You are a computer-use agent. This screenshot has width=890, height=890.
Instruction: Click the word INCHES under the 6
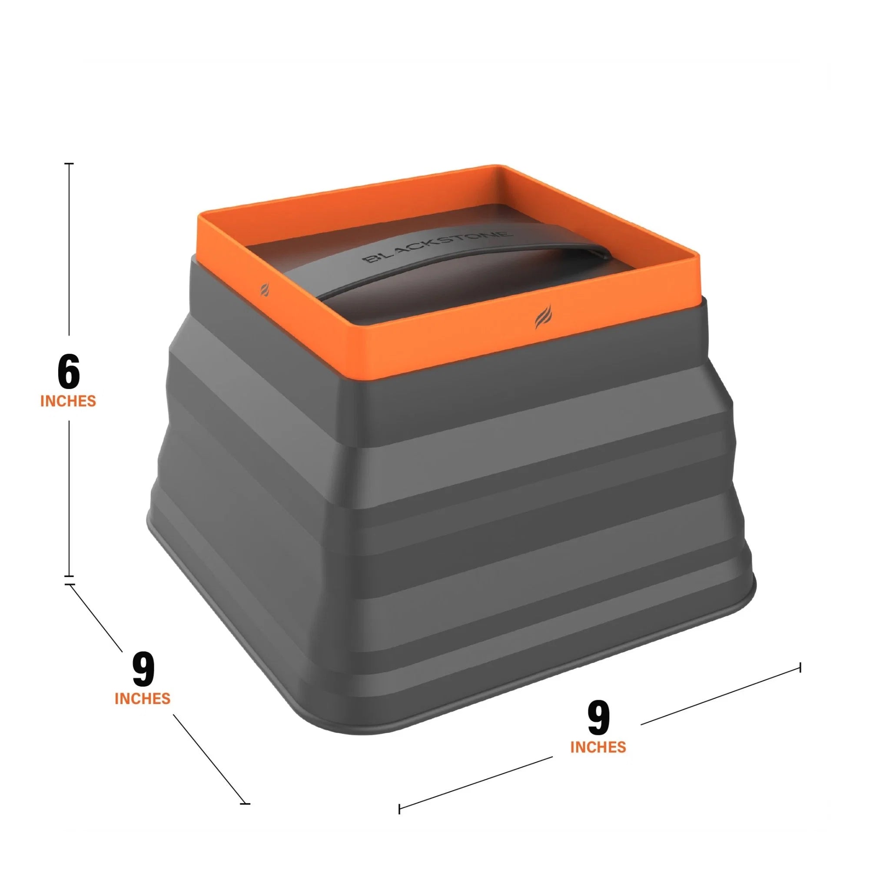click(x=68, y=401)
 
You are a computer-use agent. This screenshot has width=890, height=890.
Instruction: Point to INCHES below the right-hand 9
click(x=598, y=747)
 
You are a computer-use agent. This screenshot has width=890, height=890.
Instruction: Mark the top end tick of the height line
click(x=69, y=163)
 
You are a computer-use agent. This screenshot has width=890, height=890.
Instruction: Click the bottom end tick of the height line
click(x=69, y=576)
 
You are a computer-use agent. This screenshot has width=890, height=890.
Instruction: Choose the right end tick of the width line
click(x=800, y=667)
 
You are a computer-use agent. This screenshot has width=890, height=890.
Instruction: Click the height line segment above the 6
click(x=69, y=249)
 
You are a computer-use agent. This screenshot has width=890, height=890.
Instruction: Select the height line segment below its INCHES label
click(x=69, y=498)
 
